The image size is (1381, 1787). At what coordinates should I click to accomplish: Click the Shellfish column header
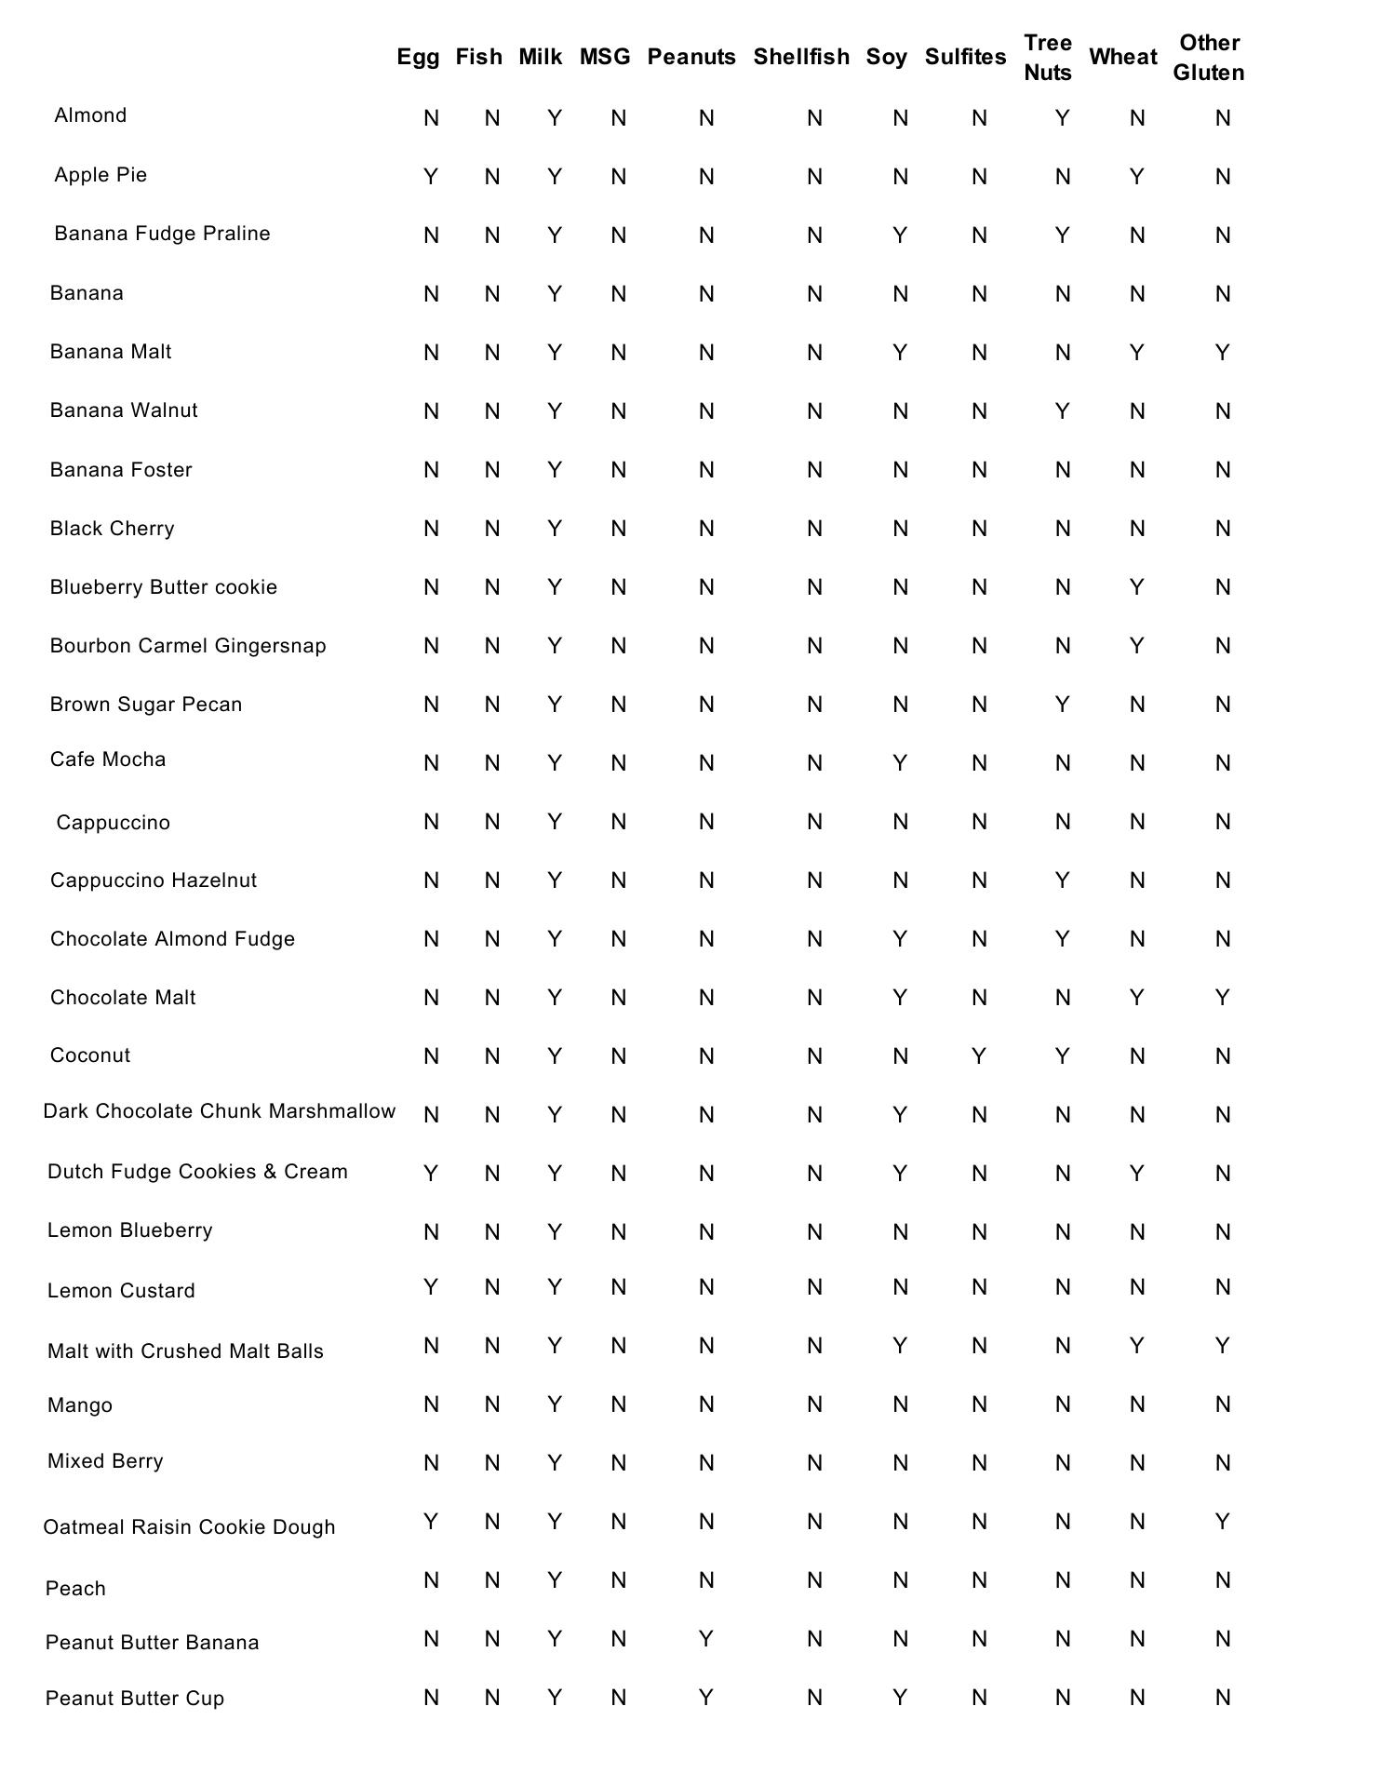pos(801,57)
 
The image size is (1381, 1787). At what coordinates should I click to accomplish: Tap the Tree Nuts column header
pos(1048,57)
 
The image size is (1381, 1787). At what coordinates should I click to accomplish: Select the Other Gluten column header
pos(1208,57)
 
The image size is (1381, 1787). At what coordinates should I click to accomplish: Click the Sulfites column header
pos(965,57)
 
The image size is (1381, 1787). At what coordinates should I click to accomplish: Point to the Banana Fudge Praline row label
pos(162,234)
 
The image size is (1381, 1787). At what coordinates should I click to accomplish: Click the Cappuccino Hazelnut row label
pos(154,880)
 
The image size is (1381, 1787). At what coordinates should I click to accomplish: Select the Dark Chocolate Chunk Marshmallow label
pos(220,1111)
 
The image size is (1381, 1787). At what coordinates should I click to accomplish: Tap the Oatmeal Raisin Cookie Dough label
pos(189,1527)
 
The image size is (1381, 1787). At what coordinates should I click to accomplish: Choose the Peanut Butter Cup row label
pos(135,1699)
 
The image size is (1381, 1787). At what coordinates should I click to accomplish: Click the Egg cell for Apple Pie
pos(431,177)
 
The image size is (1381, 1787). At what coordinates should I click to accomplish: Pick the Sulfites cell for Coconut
pos(979,1056)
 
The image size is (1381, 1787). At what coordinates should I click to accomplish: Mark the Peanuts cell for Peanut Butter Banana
pos(706,1639)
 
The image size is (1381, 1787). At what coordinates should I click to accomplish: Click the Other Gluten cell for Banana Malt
pos(1223,353)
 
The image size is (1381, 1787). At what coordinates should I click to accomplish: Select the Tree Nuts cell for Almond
pos(1063,118)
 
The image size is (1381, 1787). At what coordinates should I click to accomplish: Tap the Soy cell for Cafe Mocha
pos(900,763)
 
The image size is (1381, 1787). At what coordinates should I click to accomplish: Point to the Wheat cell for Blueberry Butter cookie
pos(1137,587)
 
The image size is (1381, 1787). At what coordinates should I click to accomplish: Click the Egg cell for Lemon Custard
pos(431,1287)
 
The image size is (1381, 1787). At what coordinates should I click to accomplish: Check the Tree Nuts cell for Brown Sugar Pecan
pos(1063,705)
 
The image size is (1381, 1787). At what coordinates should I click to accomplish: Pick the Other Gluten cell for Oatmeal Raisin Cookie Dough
pos(1223,1522)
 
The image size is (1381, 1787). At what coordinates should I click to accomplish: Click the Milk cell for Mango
pos(555,1404)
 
